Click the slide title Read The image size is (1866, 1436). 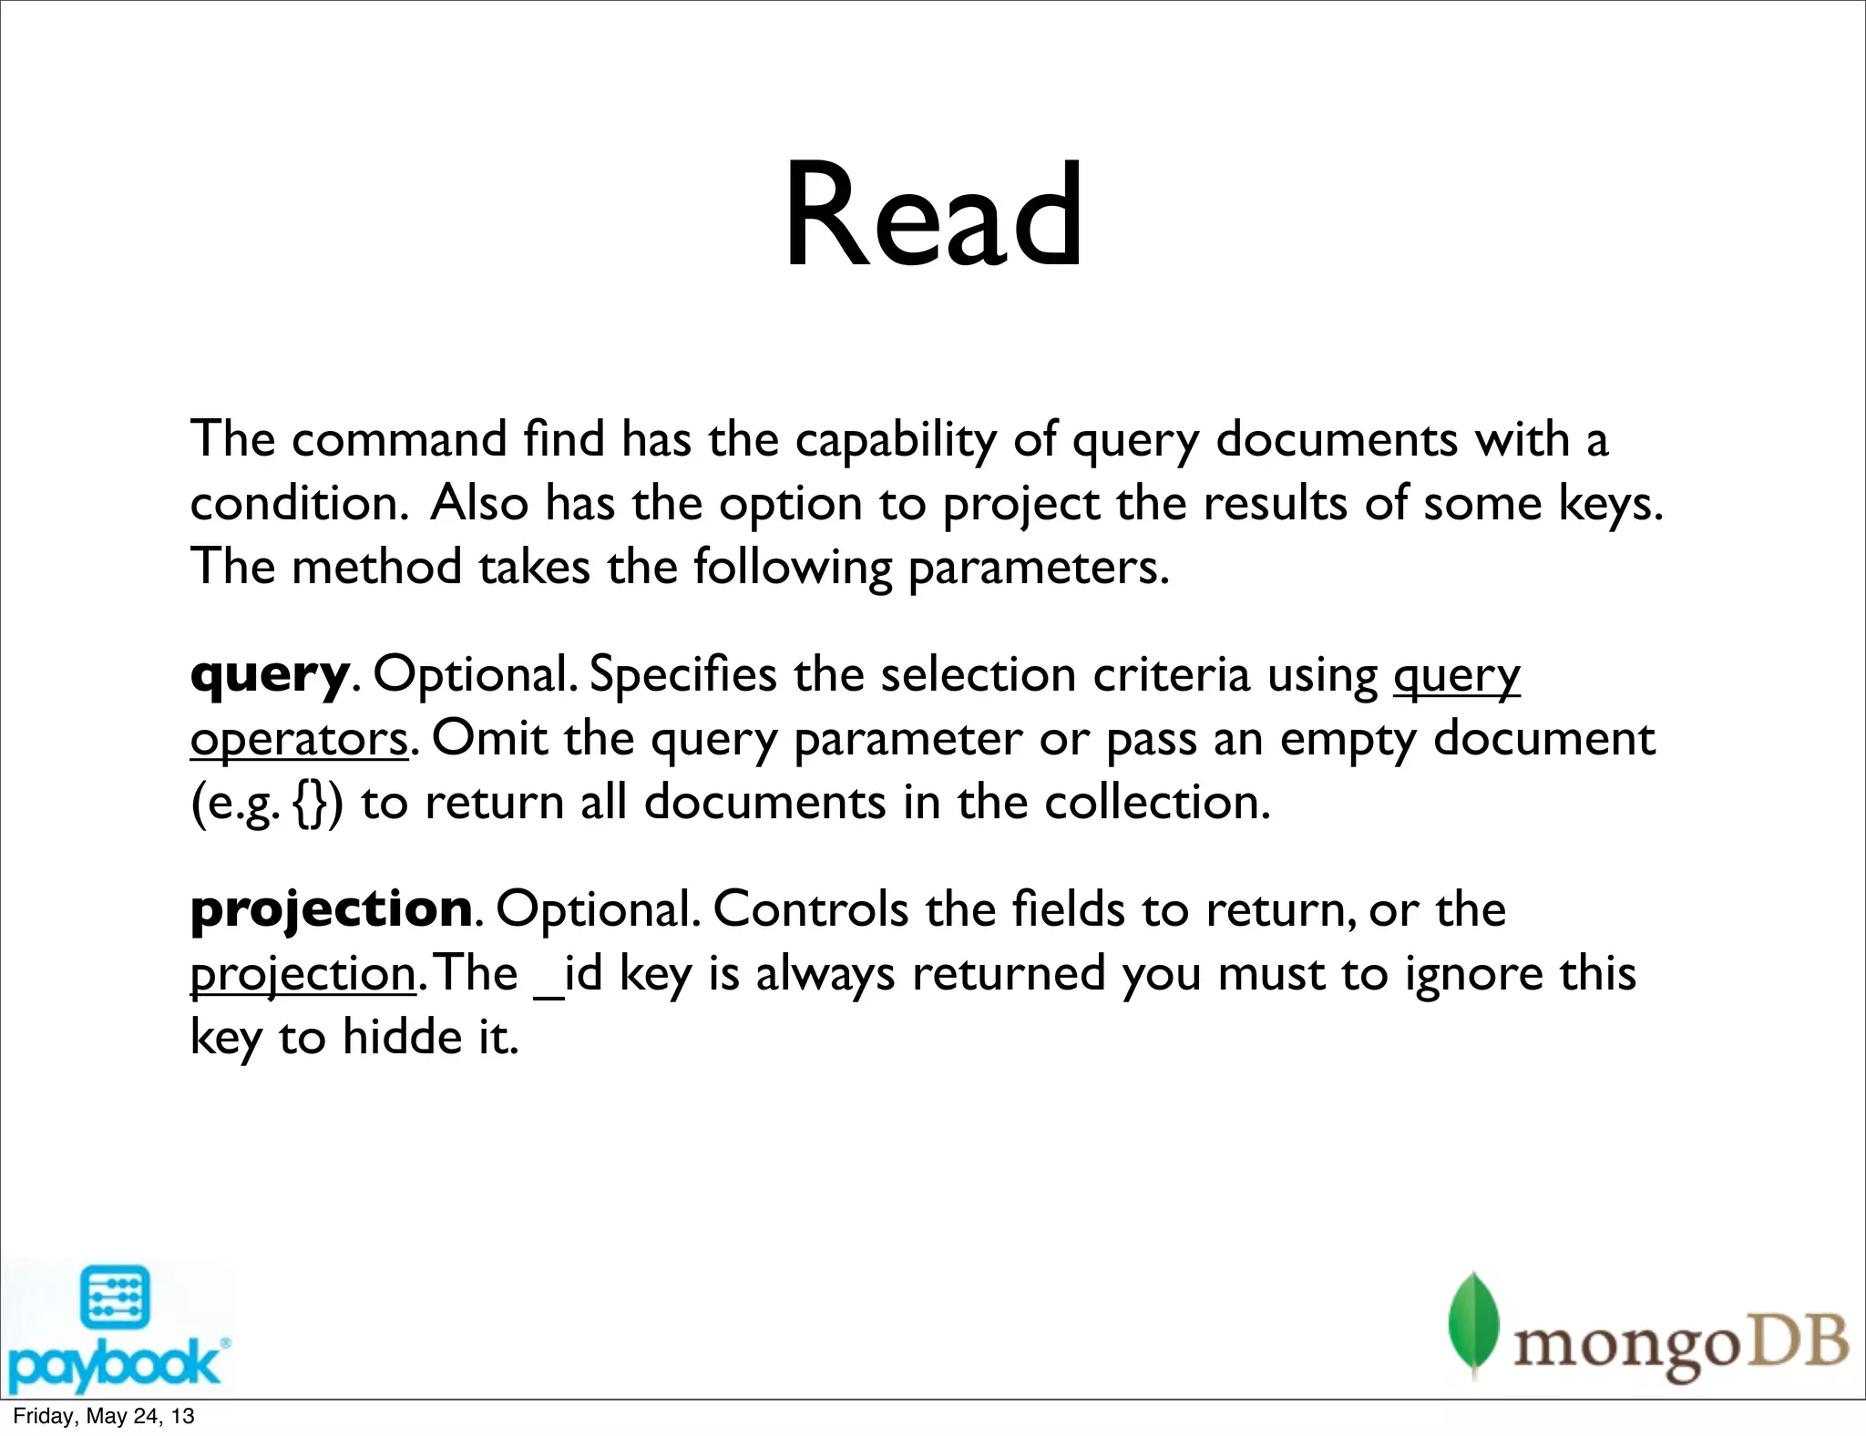tap(933, 216)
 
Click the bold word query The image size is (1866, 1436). tap(269, 676)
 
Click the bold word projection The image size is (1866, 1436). tap(331, 909)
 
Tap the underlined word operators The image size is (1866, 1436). tap(299, 740)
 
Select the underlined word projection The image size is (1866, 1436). tap(303, 975)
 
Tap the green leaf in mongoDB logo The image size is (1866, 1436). tap(1473, 1322)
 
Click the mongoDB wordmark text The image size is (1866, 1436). tap(1680, 1345)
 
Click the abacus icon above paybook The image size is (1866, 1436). tap(115, 1297)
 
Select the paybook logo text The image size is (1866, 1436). tap(113, 1366)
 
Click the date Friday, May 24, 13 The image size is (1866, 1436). tap(103, 1416)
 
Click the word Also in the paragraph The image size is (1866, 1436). tap(479, 503)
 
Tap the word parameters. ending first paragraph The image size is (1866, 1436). tap(1038, 568)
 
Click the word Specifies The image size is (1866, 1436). tap(682, 676)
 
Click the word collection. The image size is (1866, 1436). tap(1156, 804)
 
